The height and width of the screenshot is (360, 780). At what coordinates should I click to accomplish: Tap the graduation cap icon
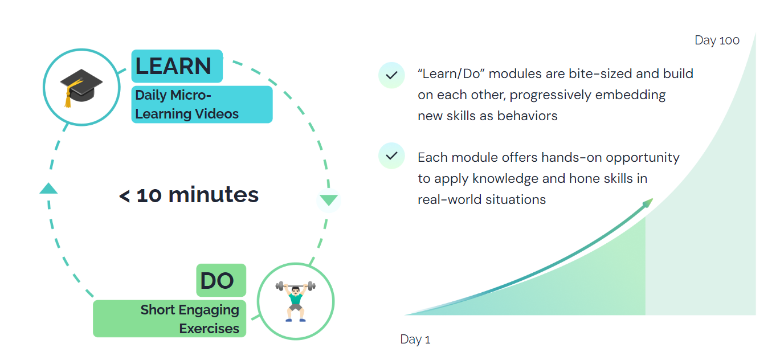(x=81, y=88)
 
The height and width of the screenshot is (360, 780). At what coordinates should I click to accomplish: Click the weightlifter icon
(x=296, y=301)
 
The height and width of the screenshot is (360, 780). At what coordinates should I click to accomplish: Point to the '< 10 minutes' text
(x=189, y=195)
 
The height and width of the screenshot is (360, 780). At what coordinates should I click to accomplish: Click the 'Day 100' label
(x=717, y=40)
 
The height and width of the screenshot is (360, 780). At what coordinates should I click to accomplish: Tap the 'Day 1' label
(x=415, y=339)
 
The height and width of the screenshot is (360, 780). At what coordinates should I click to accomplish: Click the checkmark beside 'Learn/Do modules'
(x=392, y=75)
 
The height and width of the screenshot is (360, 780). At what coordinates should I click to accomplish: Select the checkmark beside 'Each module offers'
(x=392, y=156)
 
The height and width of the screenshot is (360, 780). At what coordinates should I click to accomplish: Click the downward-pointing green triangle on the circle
(x=329, y=199)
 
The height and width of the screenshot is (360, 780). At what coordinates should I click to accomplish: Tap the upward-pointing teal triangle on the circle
(x=48, y=189)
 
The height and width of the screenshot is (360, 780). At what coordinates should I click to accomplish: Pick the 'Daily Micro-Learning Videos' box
(x=202, y=104)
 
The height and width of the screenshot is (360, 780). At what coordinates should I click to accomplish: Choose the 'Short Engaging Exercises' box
(x=170, y=318)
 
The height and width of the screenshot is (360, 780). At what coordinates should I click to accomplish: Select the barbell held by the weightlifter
(x=296, y=286)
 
